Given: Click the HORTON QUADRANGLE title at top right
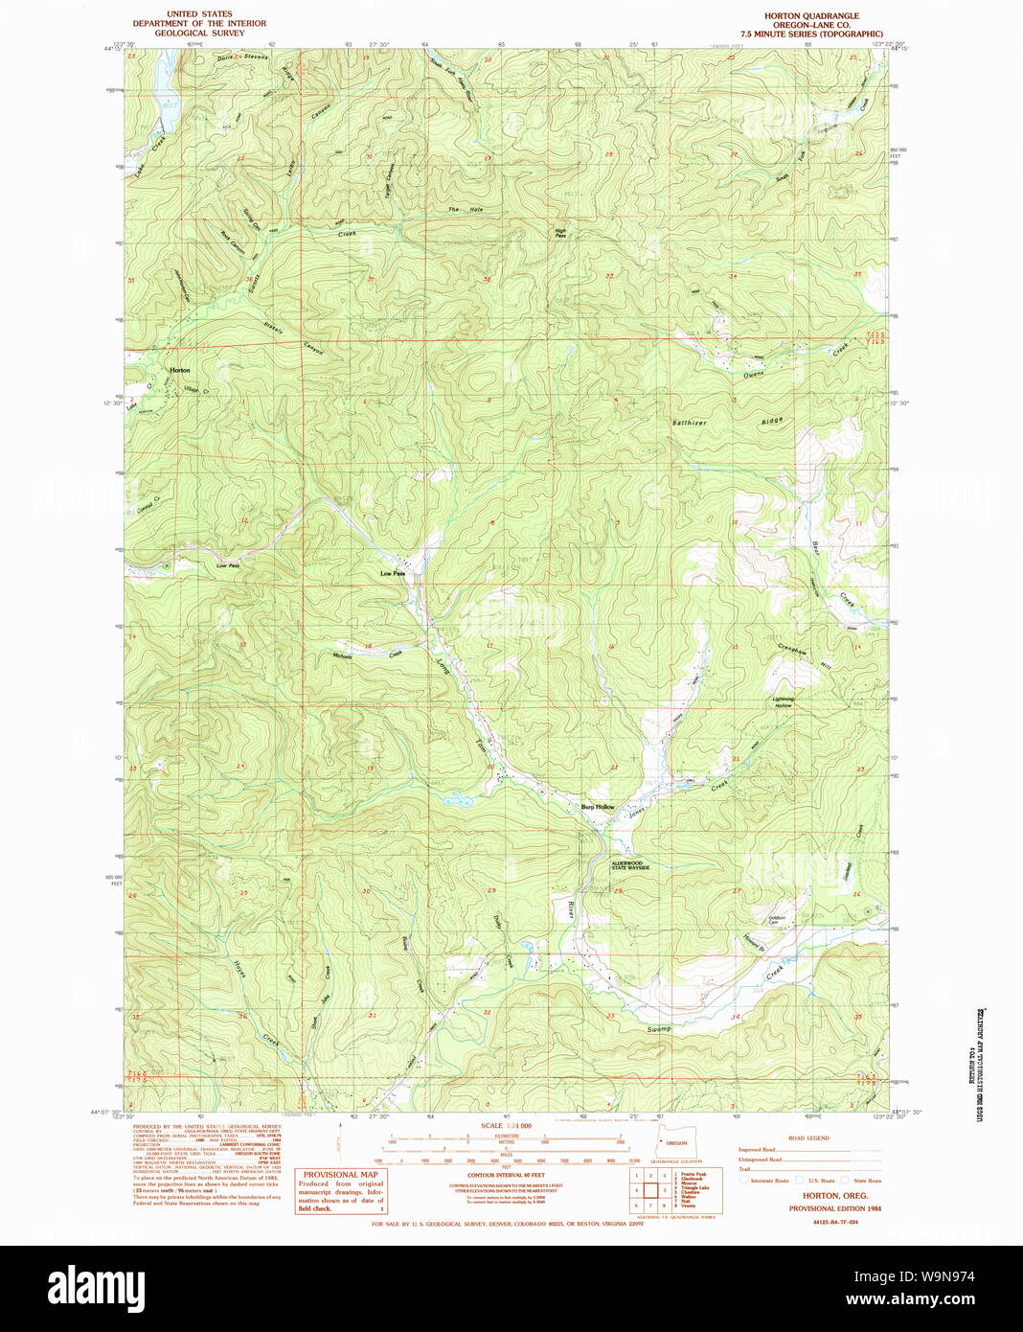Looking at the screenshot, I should pyautogui.click(x=811, y=16).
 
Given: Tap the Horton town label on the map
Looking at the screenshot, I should pyautogui.click(x=179, y=370).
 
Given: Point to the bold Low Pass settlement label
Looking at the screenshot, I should pyautogui.click(x=393, y=573).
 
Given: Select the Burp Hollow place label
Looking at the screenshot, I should pyautogui.click(x=598, y=807).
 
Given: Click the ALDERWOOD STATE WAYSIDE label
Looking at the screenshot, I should pyautogui.click(x=630, y=865).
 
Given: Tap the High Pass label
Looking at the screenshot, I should pyautogui.click(x=560, y=233).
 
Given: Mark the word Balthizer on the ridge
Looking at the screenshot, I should pyautogui.click(x=690, y=423).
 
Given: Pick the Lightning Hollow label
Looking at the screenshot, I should pyautogui.click(x=784, y=701).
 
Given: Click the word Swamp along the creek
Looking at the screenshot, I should pyautogui.click(x=658, y=1029).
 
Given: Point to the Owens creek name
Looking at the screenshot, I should pyautogui.click(x=754, y=375).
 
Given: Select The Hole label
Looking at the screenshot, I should pyautogui.click(x=466, y=209).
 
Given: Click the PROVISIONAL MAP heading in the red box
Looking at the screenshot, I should pyautogui.click(x=340, y=1174).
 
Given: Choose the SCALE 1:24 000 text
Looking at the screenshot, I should pyautogui.click(x=506, y=1125).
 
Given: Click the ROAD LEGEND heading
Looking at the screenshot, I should pyautogui.click(x=808, y=1137).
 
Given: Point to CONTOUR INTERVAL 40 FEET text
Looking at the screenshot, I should pyautogui.click(x=506, y=1174).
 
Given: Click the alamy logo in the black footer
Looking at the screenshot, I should pyautogui.click(x=97, y=1287).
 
